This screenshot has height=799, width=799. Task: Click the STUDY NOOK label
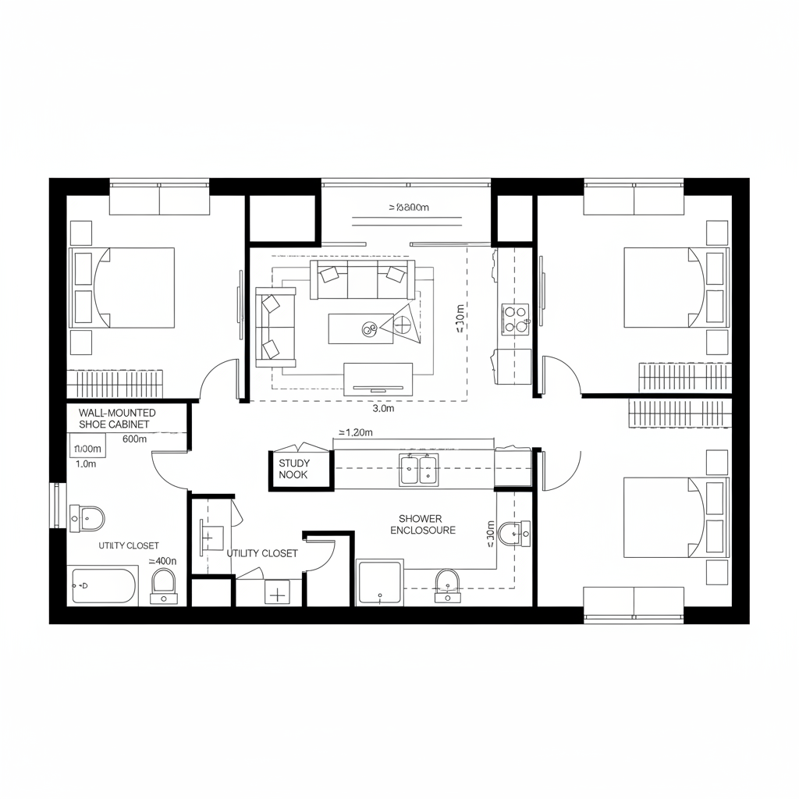point(294,469)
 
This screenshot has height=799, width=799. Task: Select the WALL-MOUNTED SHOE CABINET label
point(117,418)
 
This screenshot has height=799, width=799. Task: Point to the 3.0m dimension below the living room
point(383,408)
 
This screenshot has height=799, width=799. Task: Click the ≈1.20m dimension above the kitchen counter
point(355,432)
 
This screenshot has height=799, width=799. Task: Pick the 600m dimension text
point(135,439)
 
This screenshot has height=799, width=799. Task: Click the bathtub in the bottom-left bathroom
point(105,585)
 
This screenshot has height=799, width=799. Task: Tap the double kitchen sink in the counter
point(419,470)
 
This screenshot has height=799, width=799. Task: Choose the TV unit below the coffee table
point(378,378)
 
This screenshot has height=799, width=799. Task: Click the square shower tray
point(380,582)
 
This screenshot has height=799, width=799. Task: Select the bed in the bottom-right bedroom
point(663,518)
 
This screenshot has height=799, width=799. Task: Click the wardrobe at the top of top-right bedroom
point(634,199)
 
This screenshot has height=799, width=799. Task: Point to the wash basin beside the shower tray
point(446,584)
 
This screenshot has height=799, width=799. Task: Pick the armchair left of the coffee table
point(275,326)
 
